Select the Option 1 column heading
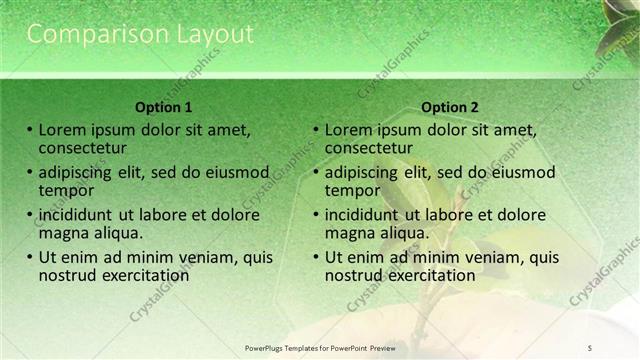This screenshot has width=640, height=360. (164, 107)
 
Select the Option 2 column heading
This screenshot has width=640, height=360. (450, 107)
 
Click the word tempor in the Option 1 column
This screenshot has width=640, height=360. (67, 189)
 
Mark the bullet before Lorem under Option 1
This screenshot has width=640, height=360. (30, 129)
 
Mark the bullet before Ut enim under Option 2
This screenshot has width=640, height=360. (316, 257)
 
